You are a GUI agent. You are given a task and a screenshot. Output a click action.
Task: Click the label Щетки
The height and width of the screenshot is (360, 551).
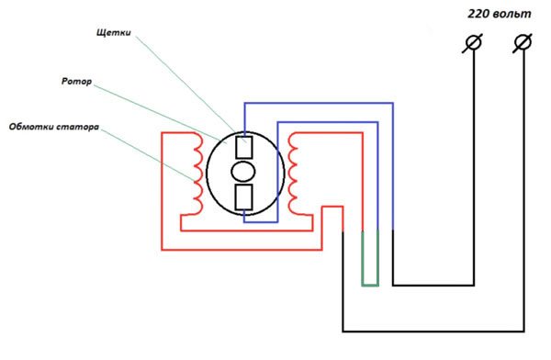tap(114, 33)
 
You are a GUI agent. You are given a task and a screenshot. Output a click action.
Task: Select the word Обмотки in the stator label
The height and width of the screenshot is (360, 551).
tap(33, 125)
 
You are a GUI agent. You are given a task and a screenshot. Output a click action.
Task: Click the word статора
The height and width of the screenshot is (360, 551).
tap(77, 125)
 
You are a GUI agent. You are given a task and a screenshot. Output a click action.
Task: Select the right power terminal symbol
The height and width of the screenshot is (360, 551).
tap(524, 43)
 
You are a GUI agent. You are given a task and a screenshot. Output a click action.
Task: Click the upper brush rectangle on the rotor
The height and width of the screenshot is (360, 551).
tap(243, 148)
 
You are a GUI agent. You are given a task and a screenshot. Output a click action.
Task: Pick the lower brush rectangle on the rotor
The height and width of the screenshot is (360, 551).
tap(243, 197)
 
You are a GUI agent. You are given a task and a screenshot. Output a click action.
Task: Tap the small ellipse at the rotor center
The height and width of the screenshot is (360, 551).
tap(243, 173)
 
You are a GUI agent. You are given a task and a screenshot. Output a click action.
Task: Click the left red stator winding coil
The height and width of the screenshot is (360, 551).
tap(196, 172)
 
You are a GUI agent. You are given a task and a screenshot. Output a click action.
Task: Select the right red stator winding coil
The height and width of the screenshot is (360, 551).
tap(294, 172)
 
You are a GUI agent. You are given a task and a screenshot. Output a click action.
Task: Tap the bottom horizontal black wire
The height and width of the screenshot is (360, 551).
tap(432, 331)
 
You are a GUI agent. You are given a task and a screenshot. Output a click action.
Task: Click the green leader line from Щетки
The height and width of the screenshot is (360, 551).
tap(184, 87)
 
